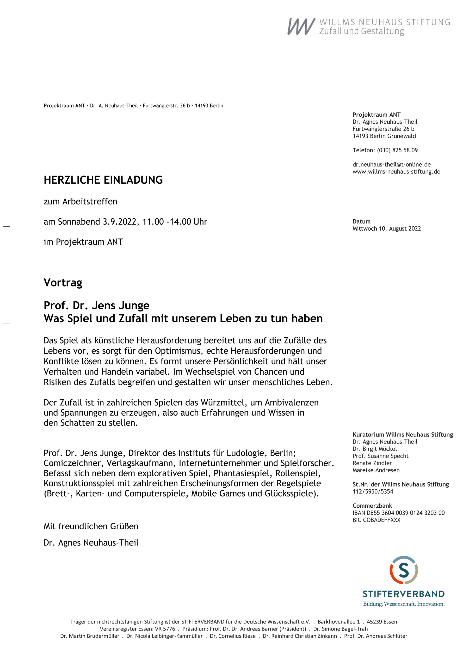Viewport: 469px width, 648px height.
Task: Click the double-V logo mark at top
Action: point(301,27)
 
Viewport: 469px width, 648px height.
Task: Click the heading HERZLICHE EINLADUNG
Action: point(103,180)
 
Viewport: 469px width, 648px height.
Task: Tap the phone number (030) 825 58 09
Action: point(397,150)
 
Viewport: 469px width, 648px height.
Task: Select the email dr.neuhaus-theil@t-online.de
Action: point(391,165)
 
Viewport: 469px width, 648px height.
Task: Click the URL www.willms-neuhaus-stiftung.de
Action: point(396,172)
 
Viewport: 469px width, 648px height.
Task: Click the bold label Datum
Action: point(361,221)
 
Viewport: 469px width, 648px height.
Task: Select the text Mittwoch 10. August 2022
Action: point(386,229)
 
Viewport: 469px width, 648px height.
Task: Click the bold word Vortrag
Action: point(63,283)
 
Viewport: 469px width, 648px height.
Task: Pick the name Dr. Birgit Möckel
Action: point(374,449)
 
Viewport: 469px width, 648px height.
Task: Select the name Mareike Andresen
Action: point(376,470)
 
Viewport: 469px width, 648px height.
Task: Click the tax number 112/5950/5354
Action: point(373,492)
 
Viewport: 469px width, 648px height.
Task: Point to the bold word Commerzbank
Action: point(372,506)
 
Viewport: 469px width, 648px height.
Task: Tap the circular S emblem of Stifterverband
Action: point(403,570)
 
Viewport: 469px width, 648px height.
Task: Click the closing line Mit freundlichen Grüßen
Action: point(91,526)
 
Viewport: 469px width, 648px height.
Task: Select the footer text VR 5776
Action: point(165,629)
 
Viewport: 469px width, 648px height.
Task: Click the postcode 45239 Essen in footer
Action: point(382,622)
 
